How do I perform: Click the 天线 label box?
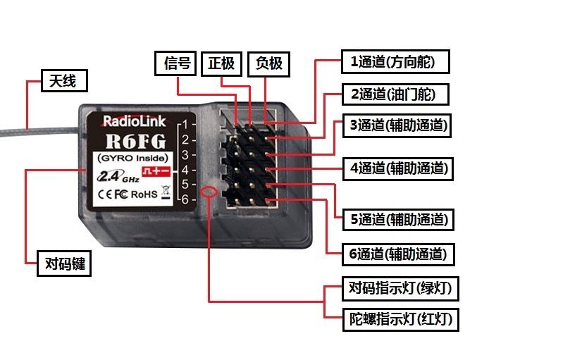pos(64,80)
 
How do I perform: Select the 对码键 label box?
pos(64,263)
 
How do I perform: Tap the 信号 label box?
pos(175,64)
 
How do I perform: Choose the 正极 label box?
pos(221,64)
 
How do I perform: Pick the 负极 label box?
pos(268,64)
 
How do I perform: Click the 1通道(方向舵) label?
pos(395,61)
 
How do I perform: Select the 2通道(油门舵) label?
pos(395,94)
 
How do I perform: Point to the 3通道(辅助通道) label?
pos(397,126)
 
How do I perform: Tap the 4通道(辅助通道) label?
pos(398,169)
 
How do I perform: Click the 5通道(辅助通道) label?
pos(398,219)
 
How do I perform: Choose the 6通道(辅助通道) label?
pos(398,254)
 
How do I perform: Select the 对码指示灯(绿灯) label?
pos(400,288)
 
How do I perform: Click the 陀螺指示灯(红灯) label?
pos(400,320)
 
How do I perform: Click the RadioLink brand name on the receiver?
pos(134,121)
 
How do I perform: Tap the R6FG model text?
pos(135,141)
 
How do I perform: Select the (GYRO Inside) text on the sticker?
pos(132,158)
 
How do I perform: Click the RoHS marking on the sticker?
pos(144,194)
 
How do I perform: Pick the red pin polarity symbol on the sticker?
pos(156,171)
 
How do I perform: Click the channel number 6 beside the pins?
pos(185,199)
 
